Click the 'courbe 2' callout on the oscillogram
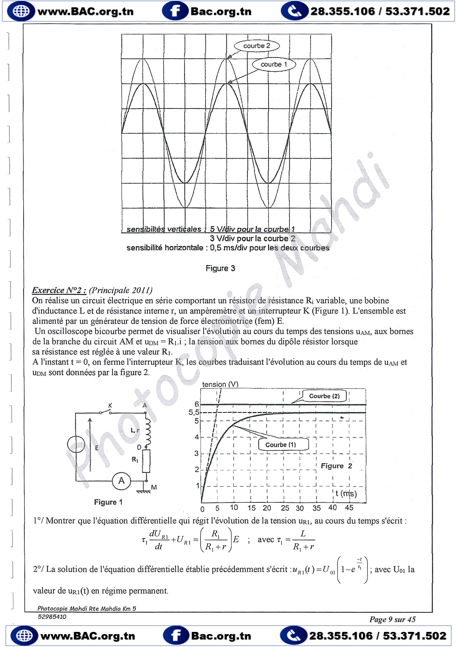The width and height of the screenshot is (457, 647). coord(257,46)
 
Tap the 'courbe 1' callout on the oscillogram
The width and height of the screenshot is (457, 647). coord(274,65)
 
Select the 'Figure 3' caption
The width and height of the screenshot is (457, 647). coord(220,269)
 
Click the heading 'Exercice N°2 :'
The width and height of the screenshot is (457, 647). coord(59,290)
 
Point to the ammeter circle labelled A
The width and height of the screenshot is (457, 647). coord(121,481)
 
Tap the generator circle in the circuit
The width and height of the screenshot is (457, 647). coord(76,445)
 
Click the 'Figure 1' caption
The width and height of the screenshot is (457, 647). coord(108,502)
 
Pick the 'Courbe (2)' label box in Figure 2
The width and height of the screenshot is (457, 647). coord(324,396)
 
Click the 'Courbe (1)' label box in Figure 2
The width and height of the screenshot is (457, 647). coord(281,445)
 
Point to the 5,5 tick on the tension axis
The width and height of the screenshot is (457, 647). coord(194,412)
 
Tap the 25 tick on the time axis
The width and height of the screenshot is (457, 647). coord(285,508)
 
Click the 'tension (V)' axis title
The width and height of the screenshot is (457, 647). coord(220,384)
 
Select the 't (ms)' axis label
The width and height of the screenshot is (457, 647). coord(346,494)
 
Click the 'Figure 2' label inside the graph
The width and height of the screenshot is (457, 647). coord(336,466)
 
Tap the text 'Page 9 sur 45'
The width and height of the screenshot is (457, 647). coord(392,619)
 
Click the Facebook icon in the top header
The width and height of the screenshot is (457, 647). coord(174,11)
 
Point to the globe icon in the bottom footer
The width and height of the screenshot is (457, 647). coord(24,636)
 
